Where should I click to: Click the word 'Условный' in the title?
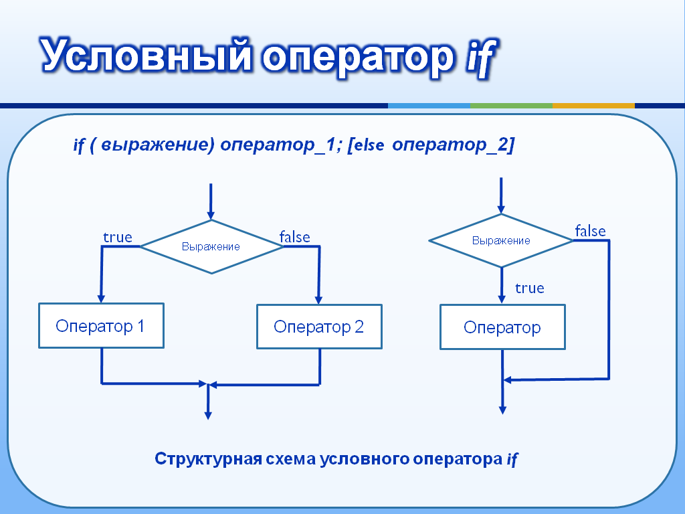[146, 56]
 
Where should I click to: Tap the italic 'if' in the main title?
[481, 57]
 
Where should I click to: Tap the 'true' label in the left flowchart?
[118, 238]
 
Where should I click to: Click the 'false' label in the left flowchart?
[295, 237]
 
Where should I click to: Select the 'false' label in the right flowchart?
[590, 231]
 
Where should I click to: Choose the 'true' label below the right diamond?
[530, 288]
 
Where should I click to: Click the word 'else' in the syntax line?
[369, 145]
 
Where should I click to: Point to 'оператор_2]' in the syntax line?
[454, 145]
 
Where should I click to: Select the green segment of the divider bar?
[511, 106]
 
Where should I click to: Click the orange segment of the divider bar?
[593, 106]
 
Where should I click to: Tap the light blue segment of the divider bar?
[429, 106]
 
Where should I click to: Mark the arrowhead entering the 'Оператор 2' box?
[318, 301]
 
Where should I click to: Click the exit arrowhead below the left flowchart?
[209, 415]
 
